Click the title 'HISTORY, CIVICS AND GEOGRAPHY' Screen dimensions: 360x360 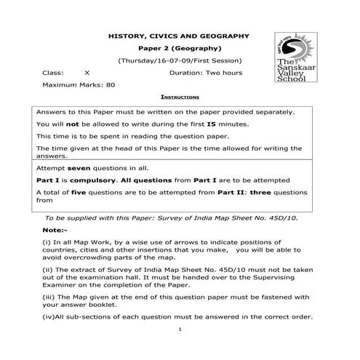point(178,35)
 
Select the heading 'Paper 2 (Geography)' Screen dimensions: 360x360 point(178,47)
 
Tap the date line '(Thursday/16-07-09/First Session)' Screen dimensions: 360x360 point(179,60)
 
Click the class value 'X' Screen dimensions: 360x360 point(87,73)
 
